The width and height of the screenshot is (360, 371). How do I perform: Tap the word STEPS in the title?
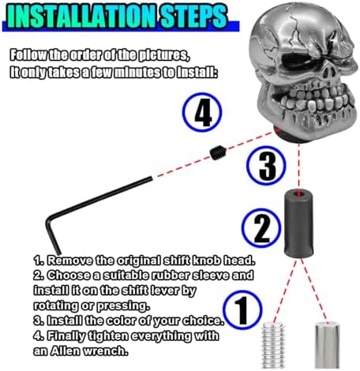coord(193,17)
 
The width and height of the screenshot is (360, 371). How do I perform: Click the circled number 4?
coord(202,112)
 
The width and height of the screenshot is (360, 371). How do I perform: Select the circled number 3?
coord(266,166)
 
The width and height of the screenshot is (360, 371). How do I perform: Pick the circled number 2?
coord(261,228)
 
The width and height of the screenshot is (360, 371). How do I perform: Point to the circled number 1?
coord(242,310)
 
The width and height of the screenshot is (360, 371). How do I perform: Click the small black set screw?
coord(218,152)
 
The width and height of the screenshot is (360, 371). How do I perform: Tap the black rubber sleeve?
coord(298,223)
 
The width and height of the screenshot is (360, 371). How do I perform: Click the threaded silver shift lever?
coord(273,346)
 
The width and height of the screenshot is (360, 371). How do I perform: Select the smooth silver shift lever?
coord(328,345)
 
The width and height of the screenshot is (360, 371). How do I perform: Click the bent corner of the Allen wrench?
coord(48,219)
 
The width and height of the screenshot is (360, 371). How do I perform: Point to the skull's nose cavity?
coord(328,72)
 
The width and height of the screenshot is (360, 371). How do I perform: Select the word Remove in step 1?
coord(70,260)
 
